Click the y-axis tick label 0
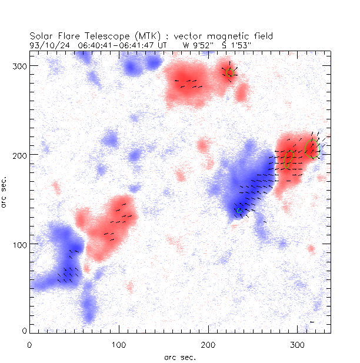tap(24, 331)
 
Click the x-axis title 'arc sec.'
tap(180, 357)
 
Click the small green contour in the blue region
tap(239, 210)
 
